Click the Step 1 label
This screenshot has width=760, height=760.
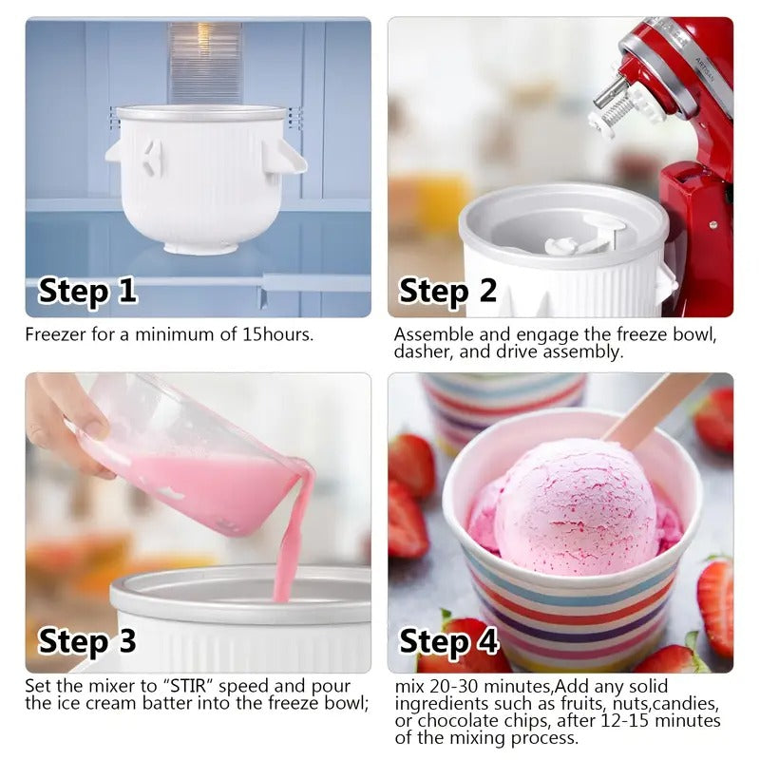point(87,292)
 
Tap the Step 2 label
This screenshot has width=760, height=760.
point(447,292)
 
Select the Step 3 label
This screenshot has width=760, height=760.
point(87,643)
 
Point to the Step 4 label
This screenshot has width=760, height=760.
point(447,642)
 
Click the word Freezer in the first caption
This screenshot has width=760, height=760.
point(53,334)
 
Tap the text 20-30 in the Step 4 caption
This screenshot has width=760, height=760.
point(450,686)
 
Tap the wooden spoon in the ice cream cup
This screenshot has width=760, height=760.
point(655,409)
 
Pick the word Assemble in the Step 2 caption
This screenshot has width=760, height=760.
point(428,334)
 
